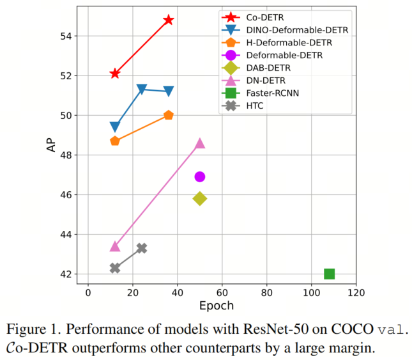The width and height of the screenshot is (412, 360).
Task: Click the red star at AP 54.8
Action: coord(169,20)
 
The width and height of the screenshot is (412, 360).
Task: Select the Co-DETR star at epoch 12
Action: coord(115,74)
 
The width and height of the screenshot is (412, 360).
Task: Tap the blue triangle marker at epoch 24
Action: coord(142,90)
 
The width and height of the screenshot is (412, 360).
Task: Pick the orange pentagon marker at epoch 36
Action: coord(169,115)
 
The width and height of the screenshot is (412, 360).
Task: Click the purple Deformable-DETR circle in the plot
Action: coord(200,176)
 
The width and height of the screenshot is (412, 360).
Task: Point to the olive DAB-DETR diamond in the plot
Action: coord(200,199)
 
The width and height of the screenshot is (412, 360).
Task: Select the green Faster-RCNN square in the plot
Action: coord(329,274)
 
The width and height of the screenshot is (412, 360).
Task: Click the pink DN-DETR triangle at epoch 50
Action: coord(200,143)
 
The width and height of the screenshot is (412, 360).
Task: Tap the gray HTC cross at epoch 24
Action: coord(142,248)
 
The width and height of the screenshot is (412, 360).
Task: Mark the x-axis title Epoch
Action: coord(217,306)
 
